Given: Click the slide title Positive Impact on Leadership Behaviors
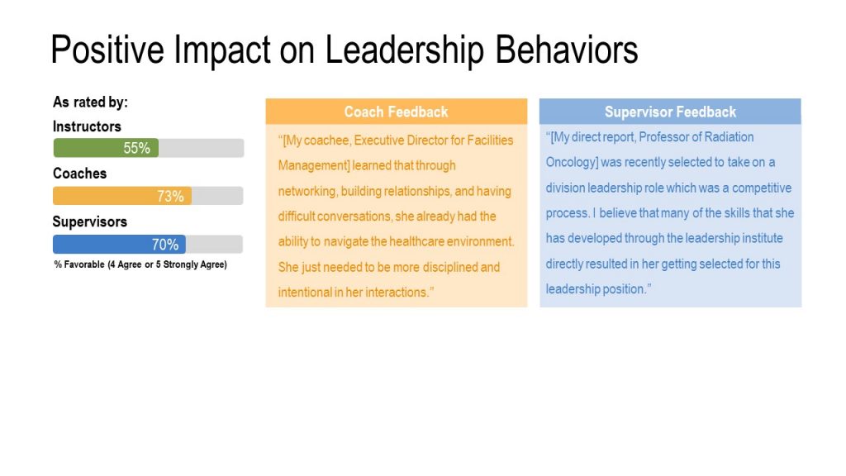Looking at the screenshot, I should point(344,50).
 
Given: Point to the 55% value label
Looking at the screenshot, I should point(136,148).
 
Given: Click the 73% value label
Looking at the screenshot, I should point(170,196).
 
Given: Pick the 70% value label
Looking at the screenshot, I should point(164,245).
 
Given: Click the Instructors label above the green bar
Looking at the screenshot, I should point(87,126).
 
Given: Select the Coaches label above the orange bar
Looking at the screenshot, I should point(79,174).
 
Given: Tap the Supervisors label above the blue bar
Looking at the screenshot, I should point(89,221).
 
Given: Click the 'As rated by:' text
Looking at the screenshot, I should point(90,102).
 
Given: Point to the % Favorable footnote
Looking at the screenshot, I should point(140,264).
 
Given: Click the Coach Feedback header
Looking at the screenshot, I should point(396,112).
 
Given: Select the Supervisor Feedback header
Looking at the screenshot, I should point(670,112).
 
